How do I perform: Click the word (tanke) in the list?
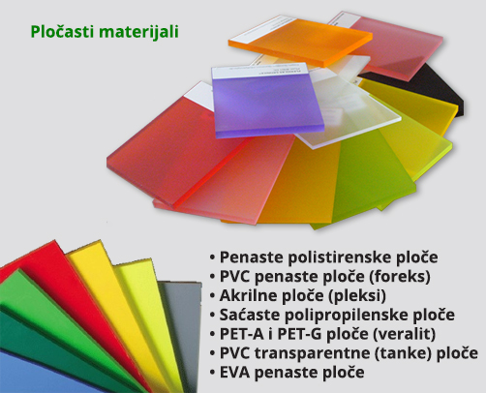403,353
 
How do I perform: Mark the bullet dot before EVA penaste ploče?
212,373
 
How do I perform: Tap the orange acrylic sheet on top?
300,41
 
